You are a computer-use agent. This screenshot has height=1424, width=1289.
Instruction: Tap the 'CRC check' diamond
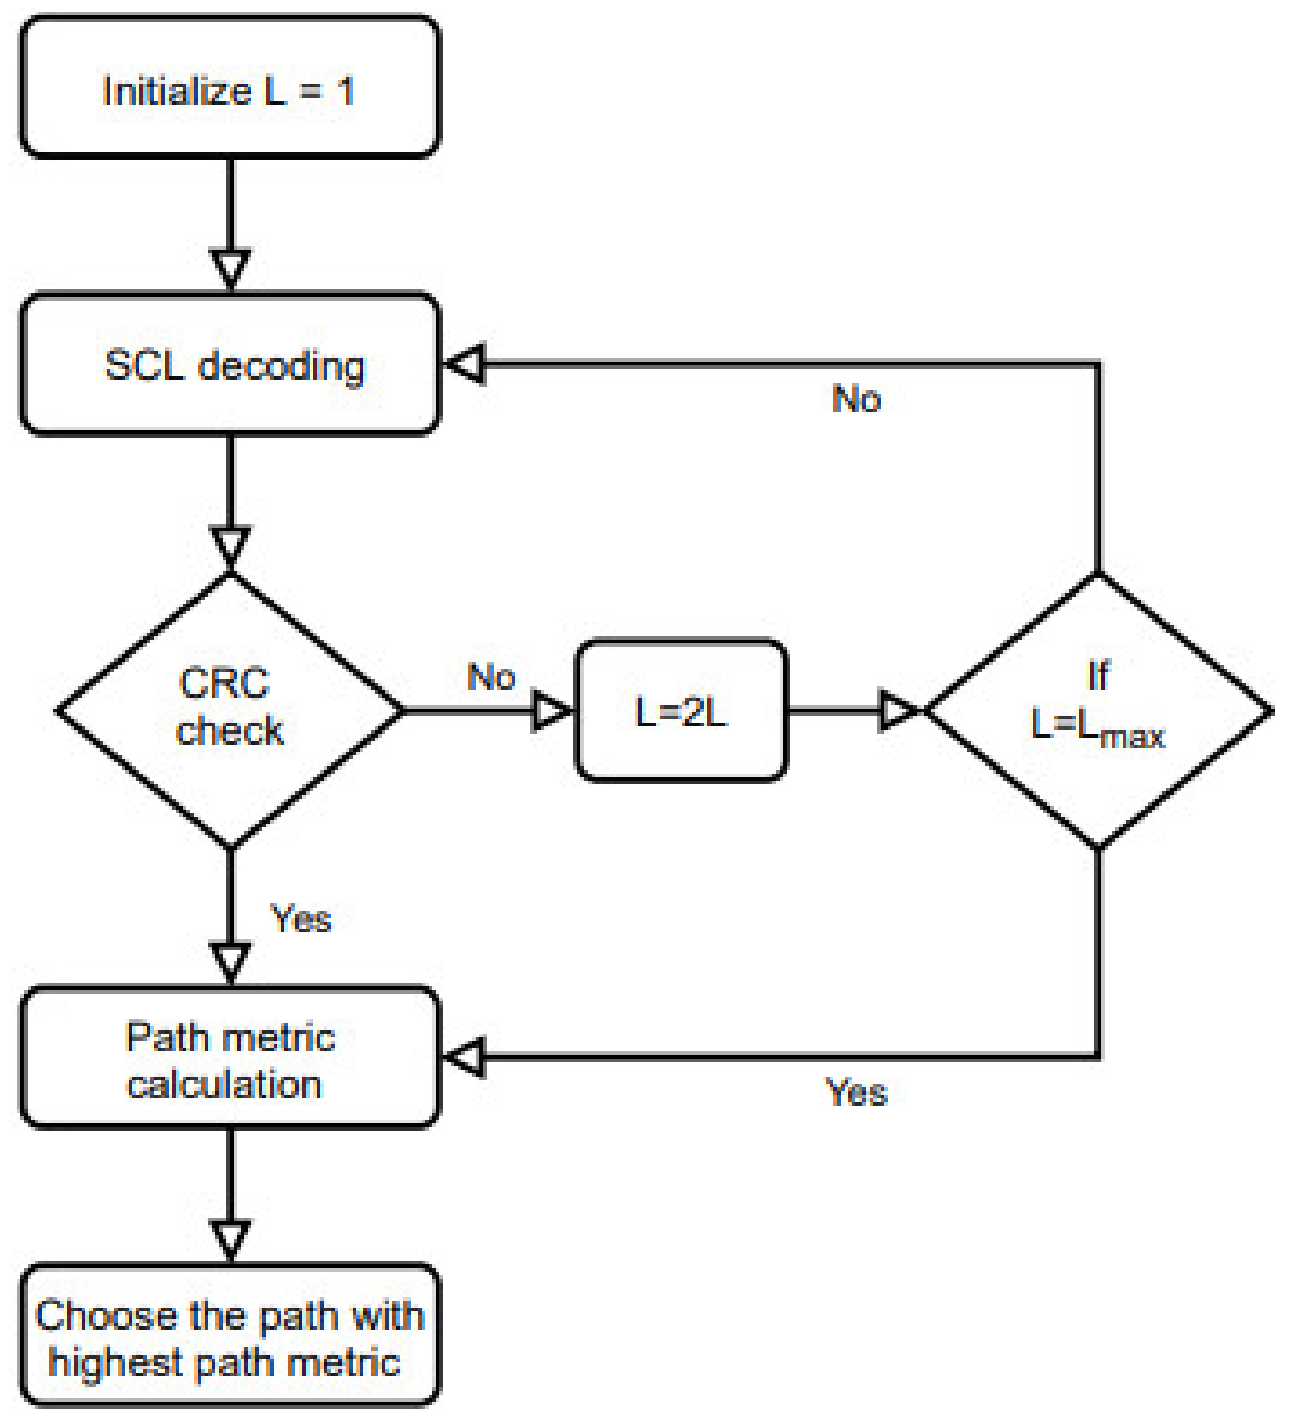230,710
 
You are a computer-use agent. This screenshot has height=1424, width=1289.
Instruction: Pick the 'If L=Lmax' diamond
1098,710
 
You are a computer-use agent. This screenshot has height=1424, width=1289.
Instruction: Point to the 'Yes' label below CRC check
300,919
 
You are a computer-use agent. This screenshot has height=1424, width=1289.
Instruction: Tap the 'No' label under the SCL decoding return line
857,399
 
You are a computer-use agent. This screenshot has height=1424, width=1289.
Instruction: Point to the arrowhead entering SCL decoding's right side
465,364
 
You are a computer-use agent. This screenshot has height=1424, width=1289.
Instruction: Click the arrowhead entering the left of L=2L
551,710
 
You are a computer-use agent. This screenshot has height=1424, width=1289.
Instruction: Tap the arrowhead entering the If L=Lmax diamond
897,710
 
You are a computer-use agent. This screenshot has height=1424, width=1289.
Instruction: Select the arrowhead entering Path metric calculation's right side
465,1057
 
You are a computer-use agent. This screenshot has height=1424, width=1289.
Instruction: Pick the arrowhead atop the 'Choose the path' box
230,1240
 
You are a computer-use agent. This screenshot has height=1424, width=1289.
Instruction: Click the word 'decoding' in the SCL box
281,367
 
